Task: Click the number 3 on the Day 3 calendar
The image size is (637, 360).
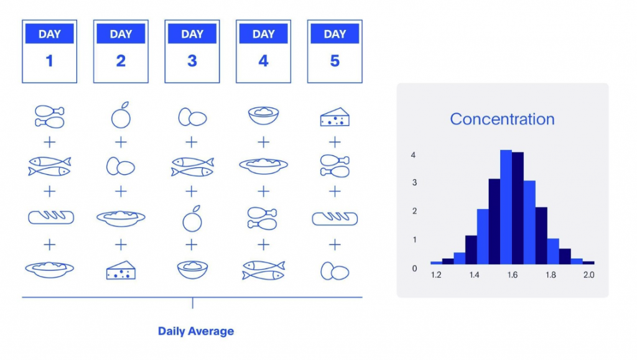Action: pyautogui.click(x=192, y=61)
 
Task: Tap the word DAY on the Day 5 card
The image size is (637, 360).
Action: pyautogui.click(x=335, y=34)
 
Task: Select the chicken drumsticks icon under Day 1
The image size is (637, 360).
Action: pyautogui.click(x=50, y=116)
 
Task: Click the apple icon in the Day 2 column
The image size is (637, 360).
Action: pyautogui.click(x=121, y=115)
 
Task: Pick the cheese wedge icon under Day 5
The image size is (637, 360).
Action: pyautogui.click(x=335, y=118)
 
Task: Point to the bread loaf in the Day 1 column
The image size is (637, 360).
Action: pyautogui.click(x=51, y=217)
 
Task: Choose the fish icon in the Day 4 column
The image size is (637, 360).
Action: pyautogui.click(x=264, y=270)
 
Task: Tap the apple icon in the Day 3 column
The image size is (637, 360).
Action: pyautogui.click(x=192, y=218)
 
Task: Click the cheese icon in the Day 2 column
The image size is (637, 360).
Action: pyautogui.click(x=121, y=270)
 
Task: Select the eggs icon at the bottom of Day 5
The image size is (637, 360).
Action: pyautogui.click(x=335, y=272)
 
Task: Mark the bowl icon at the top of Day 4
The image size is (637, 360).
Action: pyautogui.click(x=264, y=115)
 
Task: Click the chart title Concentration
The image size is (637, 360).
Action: pyautogui.click(x=502, y=119)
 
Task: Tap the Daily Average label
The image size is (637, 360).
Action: pyautogui.click(x=196, y=331)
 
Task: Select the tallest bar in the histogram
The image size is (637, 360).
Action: pyautogui.click(x=506, y=207)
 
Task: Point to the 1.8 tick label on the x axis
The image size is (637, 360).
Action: pyautogui.click(x=551, y=275)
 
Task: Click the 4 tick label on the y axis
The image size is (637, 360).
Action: pyautogui.click(x=413, y=155)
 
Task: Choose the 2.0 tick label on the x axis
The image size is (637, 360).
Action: pyautogui.click(x=588, y=275)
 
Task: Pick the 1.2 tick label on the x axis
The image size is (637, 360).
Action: pyautogui.click(x=436, y=275)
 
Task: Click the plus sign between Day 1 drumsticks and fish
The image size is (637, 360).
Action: pyautogui.click(x=50, y=142)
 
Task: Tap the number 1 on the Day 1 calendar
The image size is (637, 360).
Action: pyautogui.click(x=50, y=61)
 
